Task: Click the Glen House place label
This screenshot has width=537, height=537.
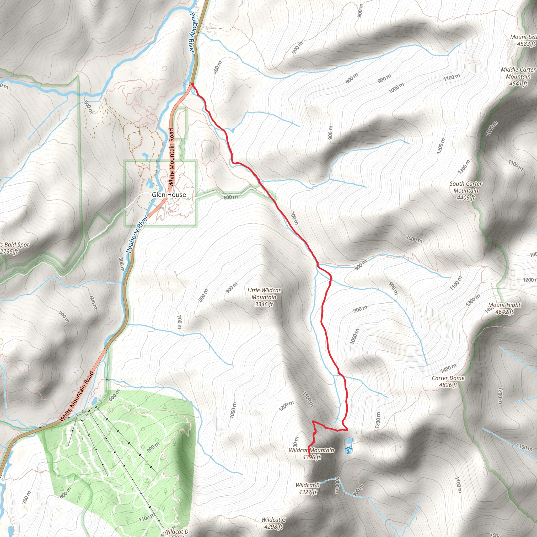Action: tap(169, 195)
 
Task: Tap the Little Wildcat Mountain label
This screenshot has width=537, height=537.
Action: tap(264, 297)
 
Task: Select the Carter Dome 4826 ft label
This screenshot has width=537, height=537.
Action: tap(448, 381)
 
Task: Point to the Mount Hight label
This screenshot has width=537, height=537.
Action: tap(504, 305)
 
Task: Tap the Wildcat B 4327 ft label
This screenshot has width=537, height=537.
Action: tap(307, 488)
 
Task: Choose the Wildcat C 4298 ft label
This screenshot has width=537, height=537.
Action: tap(273, 523)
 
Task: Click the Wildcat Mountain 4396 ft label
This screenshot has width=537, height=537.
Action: tap(312, 454)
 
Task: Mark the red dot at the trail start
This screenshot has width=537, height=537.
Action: tap(192, 84)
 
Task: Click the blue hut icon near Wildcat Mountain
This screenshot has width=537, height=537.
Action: tap(348, 450)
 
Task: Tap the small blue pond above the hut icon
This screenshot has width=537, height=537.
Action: tap(349, 441)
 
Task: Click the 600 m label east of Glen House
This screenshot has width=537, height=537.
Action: tap(231, 197)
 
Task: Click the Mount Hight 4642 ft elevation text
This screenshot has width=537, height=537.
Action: tap(504, 312)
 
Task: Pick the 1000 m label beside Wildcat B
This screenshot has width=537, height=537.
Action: tap(337, 485)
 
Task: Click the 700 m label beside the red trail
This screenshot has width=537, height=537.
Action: tap(294, 218)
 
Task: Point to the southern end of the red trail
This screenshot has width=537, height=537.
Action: tap(310, 456)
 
